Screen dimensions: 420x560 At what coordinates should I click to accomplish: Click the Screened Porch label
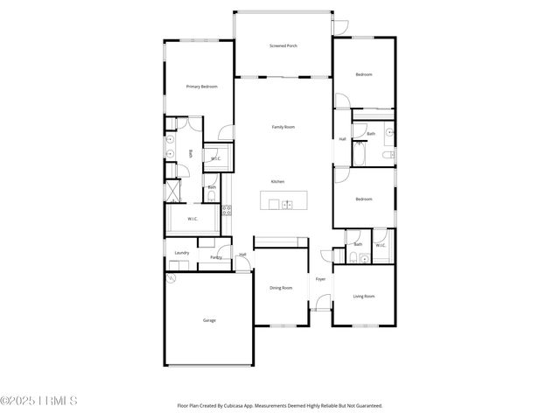point(283,45)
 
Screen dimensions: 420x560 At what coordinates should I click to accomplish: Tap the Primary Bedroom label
point(201,87)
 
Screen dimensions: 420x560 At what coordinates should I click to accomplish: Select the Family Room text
point(283,127)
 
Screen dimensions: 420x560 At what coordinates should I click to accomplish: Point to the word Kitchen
point(277,181)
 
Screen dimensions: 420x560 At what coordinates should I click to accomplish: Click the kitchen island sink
point(287,205)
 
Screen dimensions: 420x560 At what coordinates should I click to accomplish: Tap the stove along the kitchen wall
point(227,210)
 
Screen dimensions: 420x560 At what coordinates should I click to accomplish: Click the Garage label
point(209,320)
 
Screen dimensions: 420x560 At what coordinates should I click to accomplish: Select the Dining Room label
point(281,287)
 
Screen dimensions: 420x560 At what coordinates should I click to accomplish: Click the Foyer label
point(320,279)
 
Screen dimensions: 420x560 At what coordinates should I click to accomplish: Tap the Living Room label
point(363,297)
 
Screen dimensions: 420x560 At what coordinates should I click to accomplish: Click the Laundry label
point(181,253)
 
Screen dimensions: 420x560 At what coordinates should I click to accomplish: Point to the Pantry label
point(216,257)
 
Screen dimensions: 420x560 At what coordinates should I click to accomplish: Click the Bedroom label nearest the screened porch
point(363,74)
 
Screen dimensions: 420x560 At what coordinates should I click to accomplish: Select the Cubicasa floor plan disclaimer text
point(280,405)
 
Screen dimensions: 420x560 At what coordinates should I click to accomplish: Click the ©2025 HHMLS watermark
point(39,402)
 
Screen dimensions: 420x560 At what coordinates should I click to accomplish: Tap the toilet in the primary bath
point(212,197)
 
